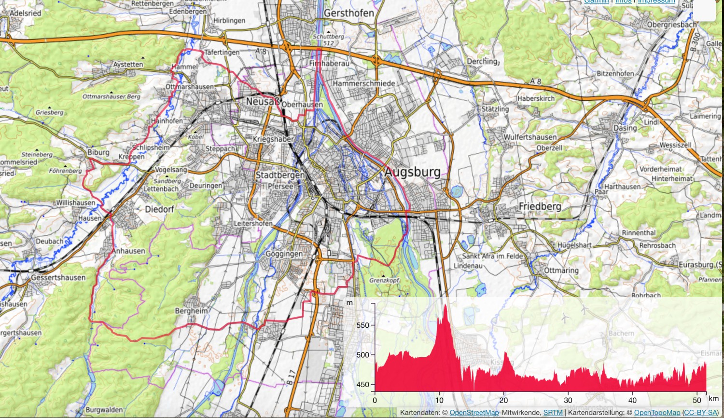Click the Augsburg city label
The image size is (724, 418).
[x=413, y=172]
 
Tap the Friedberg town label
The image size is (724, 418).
[x=540, y=206]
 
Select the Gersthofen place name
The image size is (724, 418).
[x=348, y=13]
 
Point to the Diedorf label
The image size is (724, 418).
[x=159, y=209]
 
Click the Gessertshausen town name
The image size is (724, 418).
[x=58, y=278]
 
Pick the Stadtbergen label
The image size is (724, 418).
[x=280, y=175]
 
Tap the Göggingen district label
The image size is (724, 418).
[x=284, y=254]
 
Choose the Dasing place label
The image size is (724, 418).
[x=625, y=128]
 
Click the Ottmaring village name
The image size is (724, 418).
[x=561, y=270]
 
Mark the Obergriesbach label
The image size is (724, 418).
[x=671, y=25]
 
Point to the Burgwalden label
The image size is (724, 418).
[x=104, y=410]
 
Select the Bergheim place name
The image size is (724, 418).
[x=191, y=311]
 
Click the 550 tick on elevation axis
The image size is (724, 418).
[x=362, y=325]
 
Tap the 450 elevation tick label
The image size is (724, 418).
[x=362, y=385]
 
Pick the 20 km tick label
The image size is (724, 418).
[x=503, y=400]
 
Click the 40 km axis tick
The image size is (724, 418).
[x=632, y=400]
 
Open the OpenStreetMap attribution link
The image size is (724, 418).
[x=474, y=413]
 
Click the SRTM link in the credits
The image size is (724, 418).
[x=553, y=413]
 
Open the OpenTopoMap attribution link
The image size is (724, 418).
[x=657, y=413]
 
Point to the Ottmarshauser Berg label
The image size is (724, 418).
[x=111, y=96]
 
